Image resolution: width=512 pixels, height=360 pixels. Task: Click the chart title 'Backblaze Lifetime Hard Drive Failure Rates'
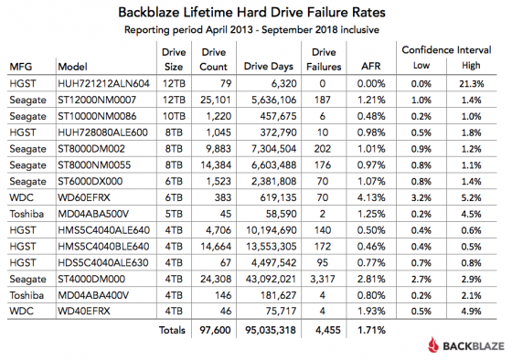[255, 14]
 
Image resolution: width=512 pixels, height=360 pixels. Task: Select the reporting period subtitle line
[255, 32]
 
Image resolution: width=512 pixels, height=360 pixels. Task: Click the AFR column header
[362, 67]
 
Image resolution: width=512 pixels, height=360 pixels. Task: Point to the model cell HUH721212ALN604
[101, 83]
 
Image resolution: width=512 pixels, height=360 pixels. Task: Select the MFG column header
[22, 67]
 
